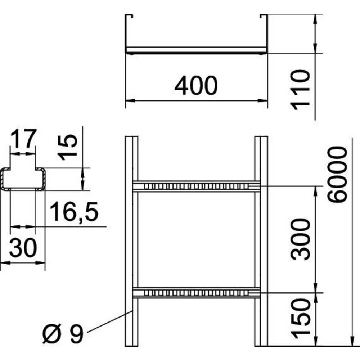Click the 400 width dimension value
[x=196, y=85]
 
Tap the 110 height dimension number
[x=300, y=90]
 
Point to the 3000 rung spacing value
[x=300, y=239]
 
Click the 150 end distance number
[x=300, y=319]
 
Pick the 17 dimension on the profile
[x=23, y=139]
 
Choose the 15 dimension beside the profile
[x=68, y=147]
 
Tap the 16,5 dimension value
[x=74, y=212]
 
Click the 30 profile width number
[x=23, y=248]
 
